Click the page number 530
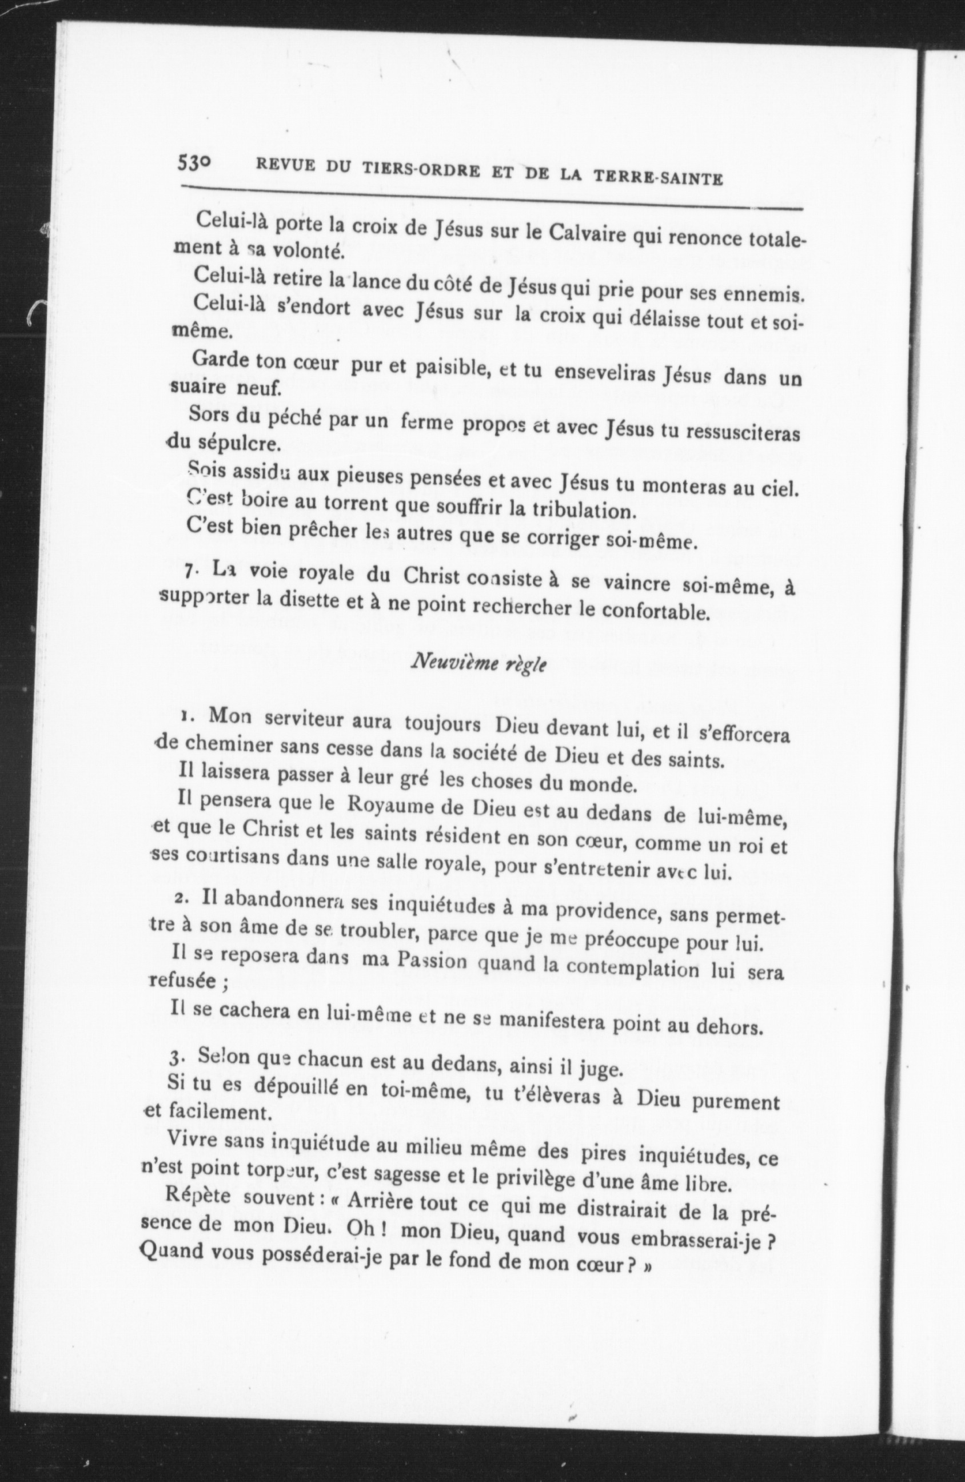(195, 163)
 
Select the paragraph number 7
(188, 571)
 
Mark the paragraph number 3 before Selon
(177, 1058)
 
